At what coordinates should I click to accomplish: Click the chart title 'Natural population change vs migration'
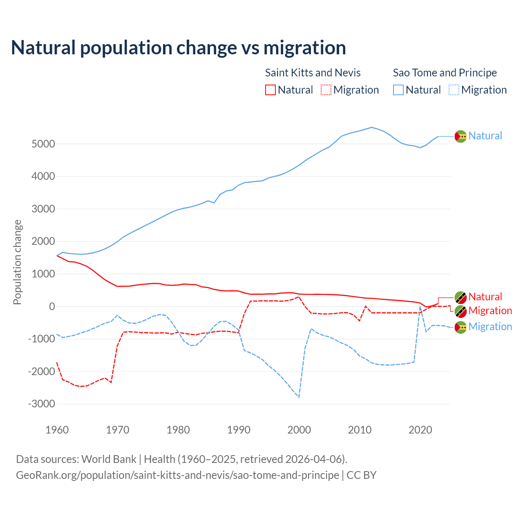(179, 48)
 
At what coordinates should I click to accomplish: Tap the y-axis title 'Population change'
(17, 262)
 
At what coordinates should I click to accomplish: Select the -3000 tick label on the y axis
(41, 404)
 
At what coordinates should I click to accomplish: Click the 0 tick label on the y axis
(52, 306)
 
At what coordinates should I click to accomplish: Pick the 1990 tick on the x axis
(239, 430)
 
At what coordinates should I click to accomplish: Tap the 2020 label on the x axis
(420, 430)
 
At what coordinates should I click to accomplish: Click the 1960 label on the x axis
(57, 430)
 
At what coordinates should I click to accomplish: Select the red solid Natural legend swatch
(270, 90)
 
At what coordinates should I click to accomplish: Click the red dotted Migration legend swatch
(326, 90)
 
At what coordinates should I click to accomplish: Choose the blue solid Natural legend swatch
(398, 90)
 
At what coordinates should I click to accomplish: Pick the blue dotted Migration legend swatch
(454, 90)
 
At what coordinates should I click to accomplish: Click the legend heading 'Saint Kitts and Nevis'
(313, 73)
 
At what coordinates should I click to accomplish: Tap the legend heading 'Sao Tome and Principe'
(445, 73)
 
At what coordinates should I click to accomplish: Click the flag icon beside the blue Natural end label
(460, 136)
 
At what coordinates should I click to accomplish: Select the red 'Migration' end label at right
(490, 311)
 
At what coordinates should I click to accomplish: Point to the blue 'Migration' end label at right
(490, 326)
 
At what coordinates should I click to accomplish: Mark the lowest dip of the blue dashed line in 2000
(299, 397)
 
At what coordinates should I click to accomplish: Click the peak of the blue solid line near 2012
(371, 127)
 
